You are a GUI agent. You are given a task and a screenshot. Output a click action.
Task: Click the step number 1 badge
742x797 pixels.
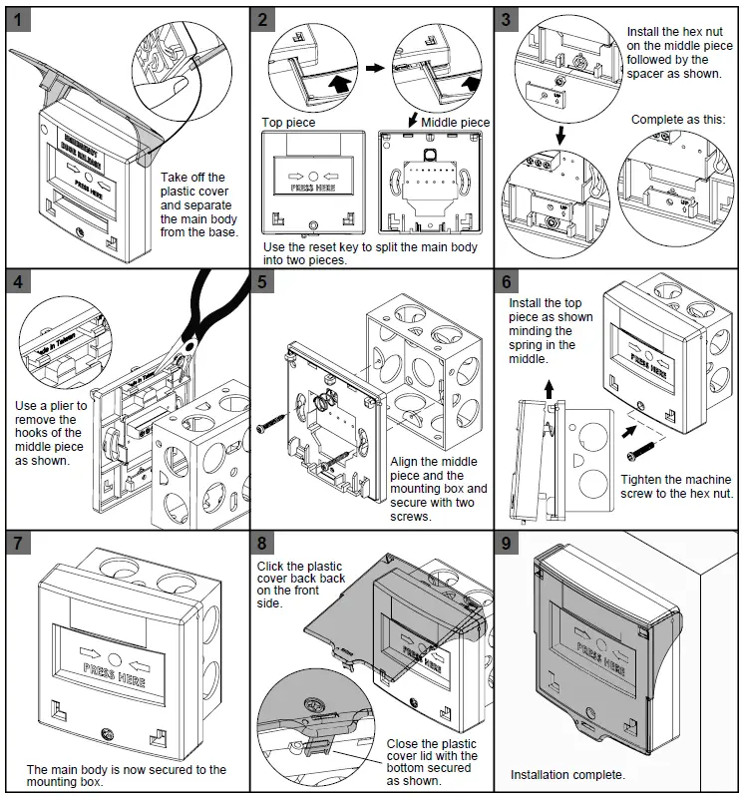click(18, 19)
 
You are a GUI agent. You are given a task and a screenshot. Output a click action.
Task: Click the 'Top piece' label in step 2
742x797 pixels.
click(288, 123)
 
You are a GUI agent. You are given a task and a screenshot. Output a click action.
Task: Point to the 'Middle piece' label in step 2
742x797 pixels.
click(455, 123)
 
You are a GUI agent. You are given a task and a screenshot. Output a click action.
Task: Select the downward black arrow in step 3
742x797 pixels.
click(560, 134)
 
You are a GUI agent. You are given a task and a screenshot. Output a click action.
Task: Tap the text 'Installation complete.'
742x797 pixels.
click(567, 774)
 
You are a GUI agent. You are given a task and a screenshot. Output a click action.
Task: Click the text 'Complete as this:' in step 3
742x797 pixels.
click(677, 120)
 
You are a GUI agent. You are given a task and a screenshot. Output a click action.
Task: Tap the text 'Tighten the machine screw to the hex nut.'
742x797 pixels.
click(677, 486)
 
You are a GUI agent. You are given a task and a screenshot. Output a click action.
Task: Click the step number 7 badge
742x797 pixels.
click(18, 544)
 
